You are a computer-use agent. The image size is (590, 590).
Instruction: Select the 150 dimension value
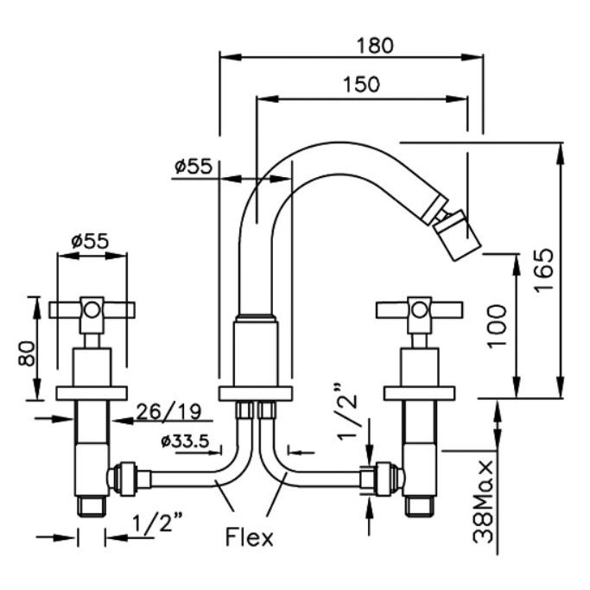click(360, 84)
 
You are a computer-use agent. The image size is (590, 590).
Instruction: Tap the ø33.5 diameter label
click(185, 443)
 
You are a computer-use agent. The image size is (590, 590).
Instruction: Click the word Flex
click(249, 537)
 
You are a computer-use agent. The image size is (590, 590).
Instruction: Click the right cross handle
click(420, 308)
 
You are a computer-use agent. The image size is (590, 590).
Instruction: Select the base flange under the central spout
click(257, 394)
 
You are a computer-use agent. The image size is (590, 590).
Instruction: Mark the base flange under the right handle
click(421, 394)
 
